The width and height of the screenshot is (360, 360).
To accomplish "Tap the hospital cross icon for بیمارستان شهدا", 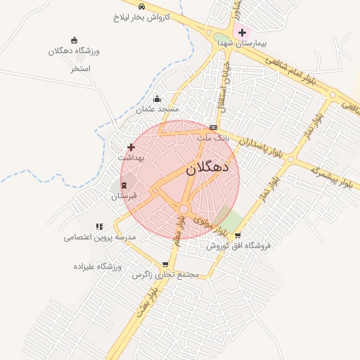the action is pyautogui.click(x=242, y=32).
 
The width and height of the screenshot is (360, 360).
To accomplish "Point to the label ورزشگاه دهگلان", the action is pyautogui.click(x=75, y=51).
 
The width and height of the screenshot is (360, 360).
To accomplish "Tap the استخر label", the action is pyautogui.click(x=82, y=69).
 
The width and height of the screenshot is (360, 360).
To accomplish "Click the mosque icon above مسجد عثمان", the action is pyautogui.click(x=157, y=99).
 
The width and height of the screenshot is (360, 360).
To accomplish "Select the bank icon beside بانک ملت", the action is pyautogui.click(x=213, y=127).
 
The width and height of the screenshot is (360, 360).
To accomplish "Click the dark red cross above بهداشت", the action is pyautogui.click(x=131, y=147).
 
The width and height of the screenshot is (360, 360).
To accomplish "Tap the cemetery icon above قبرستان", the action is pyautogui.click(x=124, y=185).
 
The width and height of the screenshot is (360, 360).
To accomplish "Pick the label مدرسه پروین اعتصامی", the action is pyautogui.click(x=99, y=238).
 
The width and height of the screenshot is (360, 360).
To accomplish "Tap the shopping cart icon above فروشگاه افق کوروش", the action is pyautogui.click(x=238, y=236).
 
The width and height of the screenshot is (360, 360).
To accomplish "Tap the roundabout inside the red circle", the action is pyautogui.click(x=184, y=209).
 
